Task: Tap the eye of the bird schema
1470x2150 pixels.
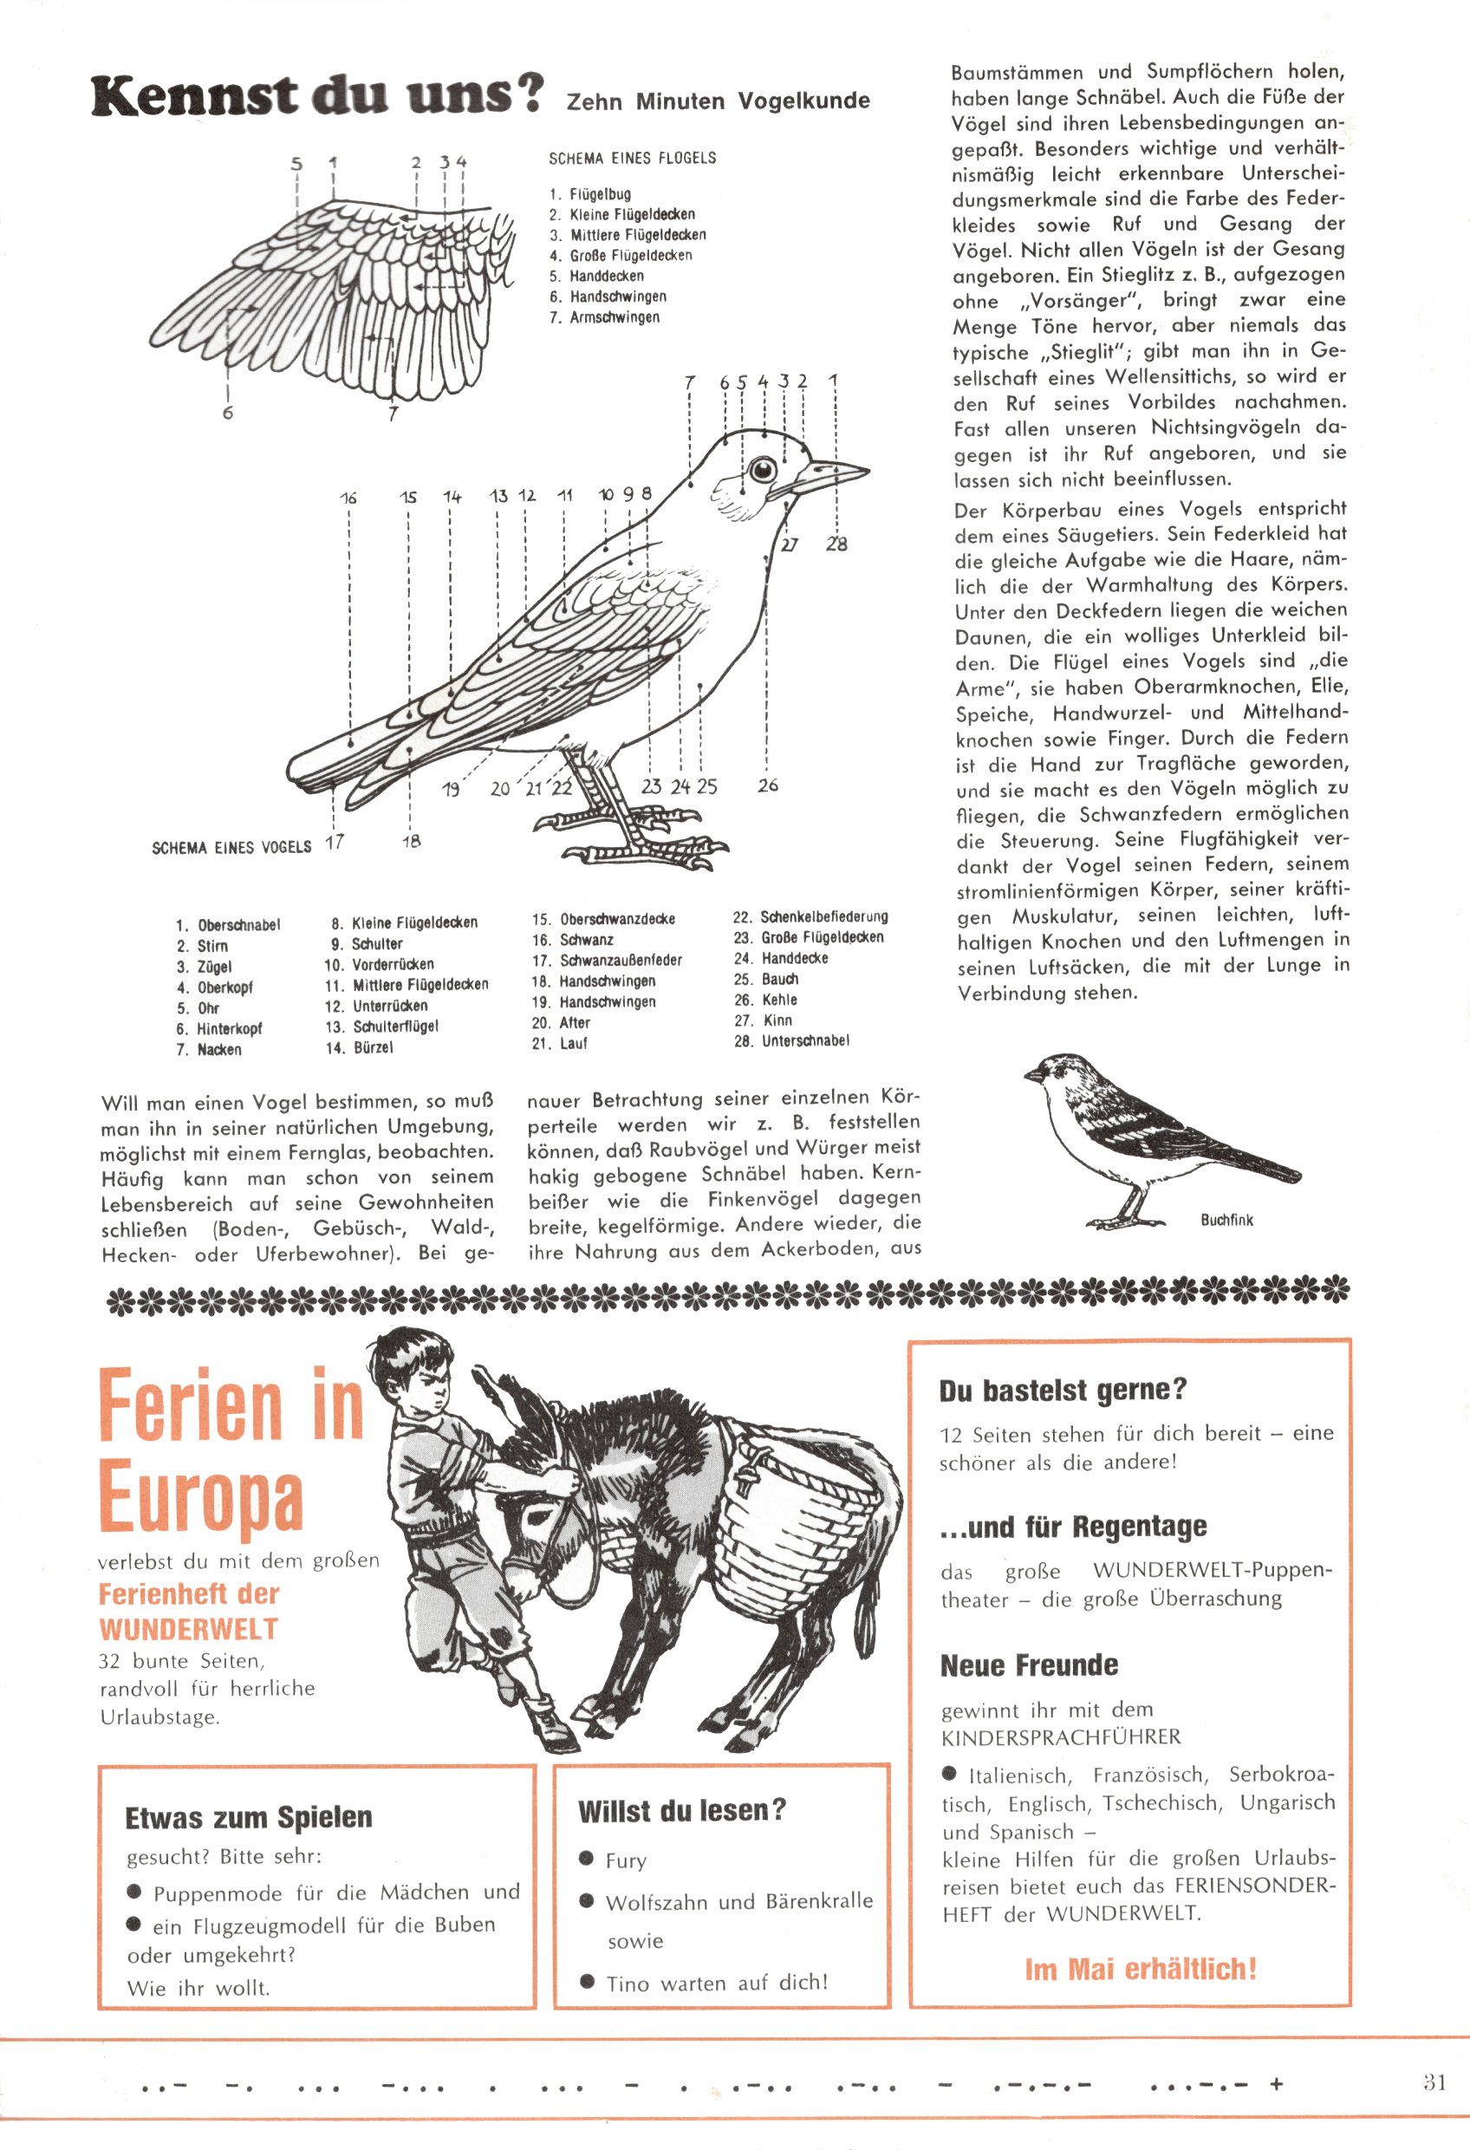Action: point(762,470)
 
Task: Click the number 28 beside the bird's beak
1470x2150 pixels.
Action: point(836,544)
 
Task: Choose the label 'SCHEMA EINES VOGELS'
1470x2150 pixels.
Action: point(231,847)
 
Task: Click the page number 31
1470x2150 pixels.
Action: point(1434,2082)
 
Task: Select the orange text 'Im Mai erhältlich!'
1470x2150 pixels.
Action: point(1140,1969)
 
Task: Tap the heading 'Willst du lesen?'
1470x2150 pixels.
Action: point(682,1810)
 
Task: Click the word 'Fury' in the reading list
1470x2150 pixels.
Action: point(626,1861)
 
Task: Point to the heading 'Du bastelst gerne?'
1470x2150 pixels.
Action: point(1062,1391)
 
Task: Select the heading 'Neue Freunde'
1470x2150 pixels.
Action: point(1029,1665)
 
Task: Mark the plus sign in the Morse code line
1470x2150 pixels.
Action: point(1277,2084)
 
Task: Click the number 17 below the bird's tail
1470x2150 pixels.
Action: point(334,842)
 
